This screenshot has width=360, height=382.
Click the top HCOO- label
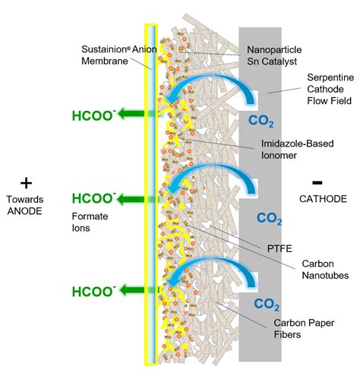(93, 116)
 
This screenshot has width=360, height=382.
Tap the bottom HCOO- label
(93, 292)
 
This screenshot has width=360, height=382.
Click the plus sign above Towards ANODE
(28, 184)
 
